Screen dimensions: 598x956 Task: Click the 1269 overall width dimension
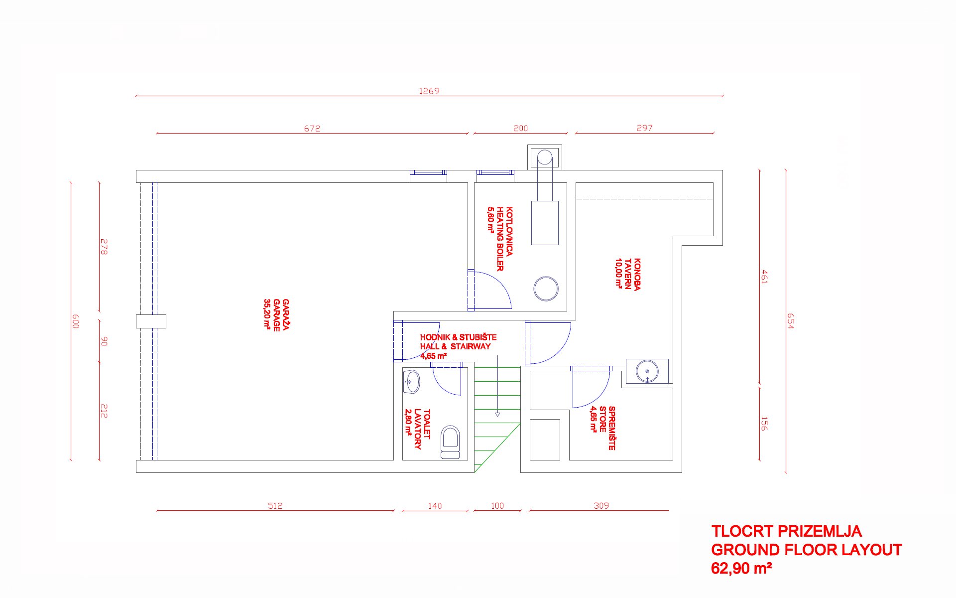point(429,91)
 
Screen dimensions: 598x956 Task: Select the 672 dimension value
point(312,128)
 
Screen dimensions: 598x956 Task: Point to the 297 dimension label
point(644,128)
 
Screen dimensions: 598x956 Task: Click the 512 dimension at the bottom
point(275,505)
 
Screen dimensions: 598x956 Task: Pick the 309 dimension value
point(601,505)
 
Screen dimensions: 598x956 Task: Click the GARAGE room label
point(276,315)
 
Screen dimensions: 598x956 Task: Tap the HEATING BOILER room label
point(500,239)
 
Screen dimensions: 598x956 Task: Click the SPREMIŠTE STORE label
point(603,428)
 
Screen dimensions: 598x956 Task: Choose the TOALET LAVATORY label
point(418,429)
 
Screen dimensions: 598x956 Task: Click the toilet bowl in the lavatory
point(451,442)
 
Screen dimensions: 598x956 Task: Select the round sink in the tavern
point(647,372)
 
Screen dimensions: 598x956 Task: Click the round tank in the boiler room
point(546,289)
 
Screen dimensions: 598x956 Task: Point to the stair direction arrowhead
point(497,414)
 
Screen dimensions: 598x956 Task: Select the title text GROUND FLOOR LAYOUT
point(806,550)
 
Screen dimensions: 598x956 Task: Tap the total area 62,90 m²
point(741,568)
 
